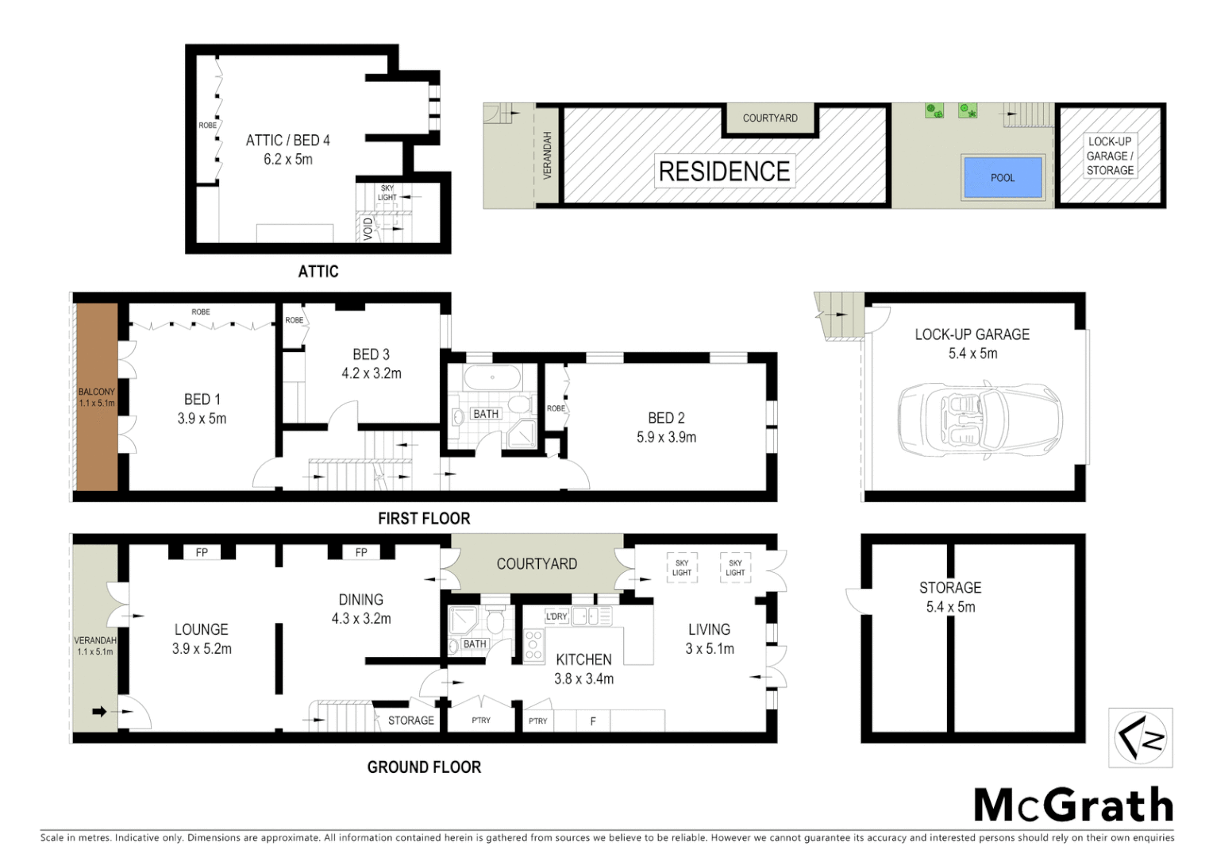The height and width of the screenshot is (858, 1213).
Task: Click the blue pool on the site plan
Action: [x=1002, y=177]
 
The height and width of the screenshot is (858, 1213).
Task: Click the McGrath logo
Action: [x=1073, y=806]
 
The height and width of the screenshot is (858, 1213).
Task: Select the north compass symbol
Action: [x=1141, y=738]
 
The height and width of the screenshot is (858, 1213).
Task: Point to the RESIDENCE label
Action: [x=724, y=171]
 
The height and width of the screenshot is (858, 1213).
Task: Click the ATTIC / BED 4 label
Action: [x=287, y=141]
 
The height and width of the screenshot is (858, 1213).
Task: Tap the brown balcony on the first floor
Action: [x=97, y=397]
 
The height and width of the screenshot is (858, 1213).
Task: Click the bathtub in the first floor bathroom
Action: [x=492, y=377]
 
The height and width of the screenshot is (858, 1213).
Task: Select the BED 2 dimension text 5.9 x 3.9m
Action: [x=666, y=437]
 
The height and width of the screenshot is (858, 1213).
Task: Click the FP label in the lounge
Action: [x=202, y=552]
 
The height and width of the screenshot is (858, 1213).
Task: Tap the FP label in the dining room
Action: [x=361, y=552]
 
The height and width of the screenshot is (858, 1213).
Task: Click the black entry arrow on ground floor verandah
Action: [x=99, y=712]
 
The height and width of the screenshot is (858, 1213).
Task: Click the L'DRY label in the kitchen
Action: [x=556, y=616]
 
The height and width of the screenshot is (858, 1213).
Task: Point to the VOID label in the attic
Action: [x=368, y=229]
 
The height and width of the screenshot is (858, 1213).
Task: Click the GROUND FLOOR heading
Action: [x=424, y=767]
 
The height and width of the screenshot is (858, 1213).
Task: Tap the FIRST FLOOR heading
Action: [x=424, y=519]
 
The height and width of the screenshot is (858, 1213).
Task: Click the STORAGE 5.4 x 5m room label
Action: [x=950, y=597]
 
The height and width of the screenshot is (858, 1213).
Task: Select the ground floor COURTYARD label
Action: [x=537, y=564]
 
